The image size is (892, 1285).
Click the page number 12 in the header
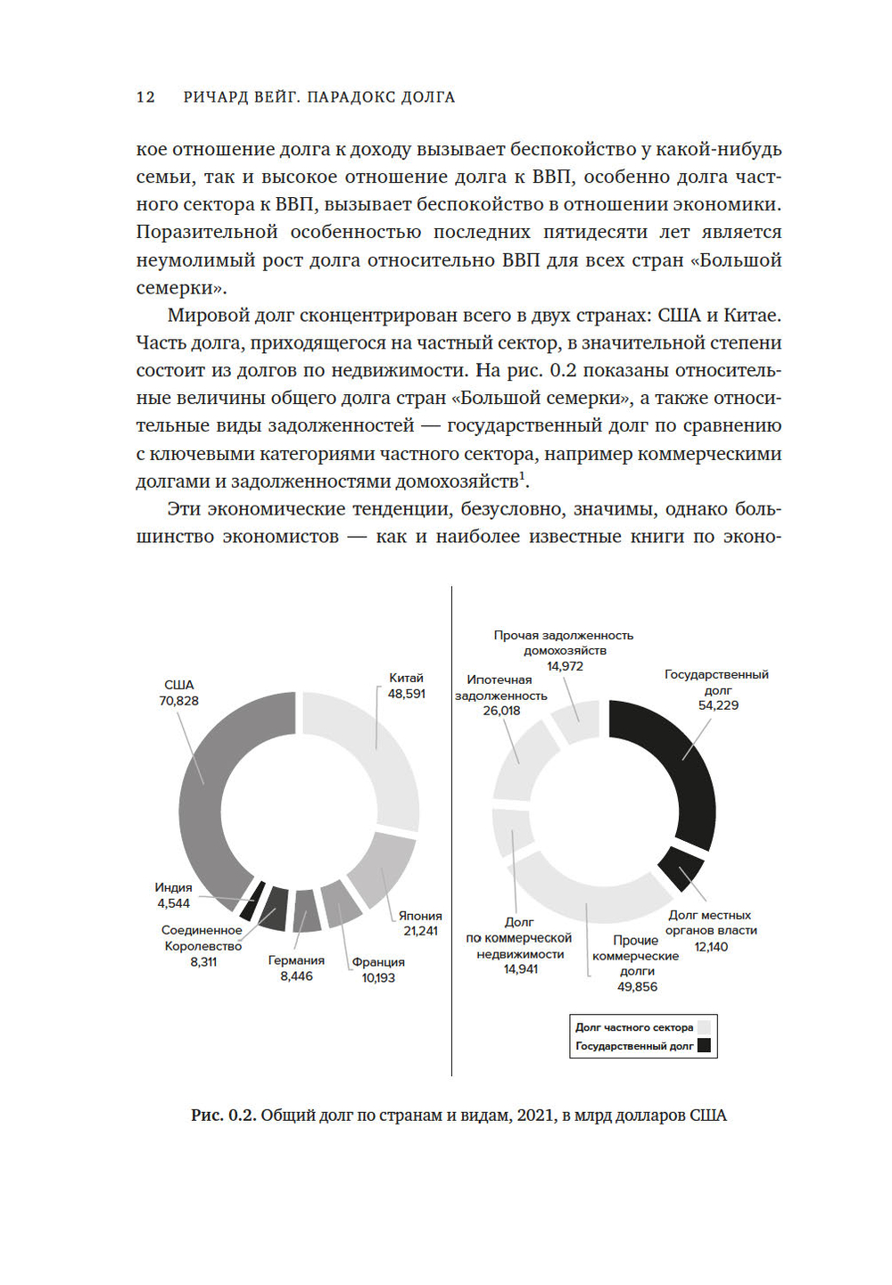coord(145,97)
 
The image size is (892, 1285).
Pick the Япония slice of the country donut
coord(382,869)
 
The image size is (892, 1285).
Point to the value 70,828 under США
coord(179,701)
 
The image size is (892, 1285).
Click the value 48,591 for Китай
coord(406,694)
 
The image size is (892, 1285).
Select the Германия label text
coord(296,960)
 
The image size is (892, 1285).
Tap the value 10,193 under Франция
coord(378,977)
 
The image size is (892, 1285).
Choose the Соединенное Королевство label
coord(202,938)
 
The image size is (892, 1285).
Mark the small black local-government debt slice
coord(680,868)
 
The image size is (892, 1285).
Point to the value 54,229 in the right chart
coord(718,705)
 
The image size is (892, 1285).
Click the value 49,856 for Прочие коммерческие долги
coord(637,986)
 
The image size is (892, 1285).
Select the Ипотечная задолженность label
coord(500,688)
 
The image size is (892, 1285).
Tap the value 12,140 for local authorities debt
coord(711,946)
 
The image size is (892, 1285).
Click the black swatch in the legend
coord(705,1046)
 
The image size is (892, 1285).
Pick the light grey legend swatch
coord(705,1027)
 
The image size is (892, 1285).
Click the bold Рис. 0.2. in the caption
coord(223,1116)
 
